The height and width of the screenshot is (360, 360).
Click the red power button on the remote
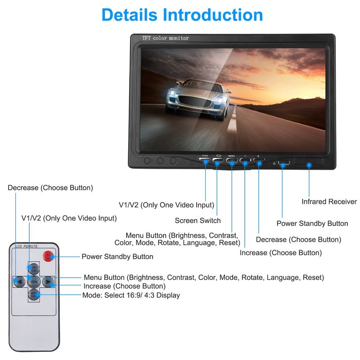(x=48, y=257)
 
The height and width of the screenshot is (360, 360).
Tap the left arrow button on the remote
(x=18, y=282)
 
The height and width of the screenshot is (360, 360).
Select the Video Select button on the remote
(x=34, y=269)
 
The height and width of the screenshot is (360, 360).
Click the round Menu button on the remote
(x=34, y=282)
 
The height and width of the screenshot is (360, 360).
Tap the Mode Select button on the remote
(x=34, y=295)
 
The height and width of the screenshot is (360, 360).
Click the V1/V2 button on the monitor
(x=205, y=159)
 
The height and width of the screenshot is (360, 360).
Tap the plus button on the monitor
(x=258, y=160)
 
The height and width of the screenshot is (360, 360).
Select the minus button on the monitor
(x=245, y=160)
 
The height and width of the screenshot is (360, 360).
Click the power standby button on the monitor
(x=283, y=162)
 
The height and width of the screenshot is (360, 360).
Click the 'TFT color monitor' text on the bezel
(x=166, y=38)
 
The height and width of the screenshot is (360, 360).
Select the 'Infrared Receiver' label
(x=329, y=202)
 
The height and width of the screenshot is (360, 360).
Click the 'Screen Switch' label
(x=198, y=220)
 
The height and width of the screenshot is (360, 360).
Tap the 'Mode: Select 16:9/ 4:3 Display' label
(x=131, y=295)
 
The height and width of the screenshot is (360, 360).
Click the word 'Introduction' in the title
(x=213, y=14)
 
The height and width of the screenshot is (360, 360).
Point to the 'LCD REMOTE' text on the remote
(x=27, y=246)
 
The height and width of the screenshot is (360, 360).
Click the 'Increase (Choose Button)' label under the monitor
(x=280, y=253)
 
